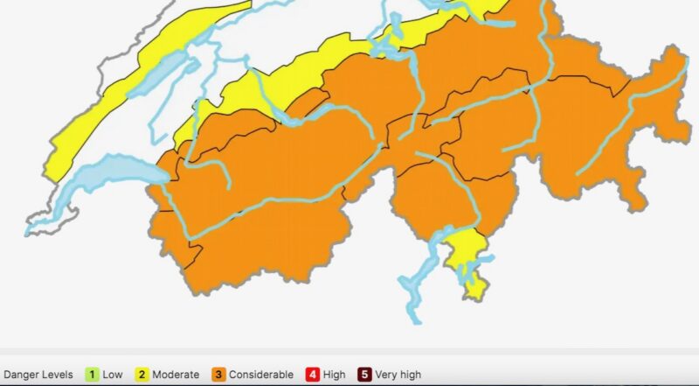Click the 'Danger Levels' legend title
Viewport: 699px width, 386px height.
point(38,375)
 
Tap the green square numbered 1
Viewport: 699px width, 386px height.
point(92,375)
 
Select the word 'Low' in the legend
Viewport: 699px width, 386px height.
point(113,375)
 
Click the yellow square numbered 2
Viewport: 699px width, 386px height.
point(141,375)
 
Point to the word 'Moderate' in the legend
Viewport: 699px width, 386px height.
point(176,375)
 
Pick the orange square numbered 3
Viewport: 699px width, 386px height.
point(218,375)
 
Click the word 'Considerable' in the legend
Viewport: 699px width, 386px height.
point(261,375)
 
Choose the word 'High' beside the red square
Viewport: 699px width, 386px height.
point(335,375)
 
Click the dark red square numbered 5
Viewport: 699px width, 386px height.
point(364,375)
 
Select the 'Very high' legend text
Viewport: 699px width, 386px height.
point(398,375)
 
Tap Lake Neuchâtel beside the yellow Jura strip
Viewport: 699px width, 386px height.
point(166,67)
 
